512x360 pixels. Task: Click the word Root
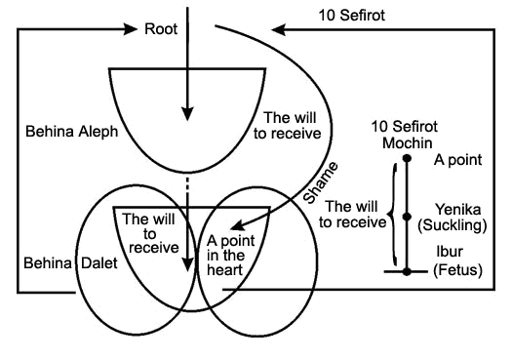tap(161, 29)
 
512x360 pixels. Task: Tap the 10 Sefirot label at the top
tap(352, 16)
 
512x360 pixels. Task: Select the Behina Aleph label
tap(72, 132)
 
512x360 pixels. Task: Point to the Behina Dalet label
tap(70, 263)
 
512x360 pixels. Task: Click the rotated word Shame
tap(320, 182)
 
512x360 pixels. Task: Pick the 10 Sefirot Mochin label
tap(405, 135)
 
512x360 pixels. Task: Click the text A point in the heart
tap(230, 256)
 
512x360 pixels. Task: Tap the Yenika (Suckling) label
tap(453, 218)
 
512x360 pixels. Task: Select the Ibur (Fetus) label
tap(457, 260)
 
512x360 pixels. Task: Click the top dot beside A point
tap(407, 158)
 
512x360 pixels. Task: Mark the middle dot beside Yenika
tap(407, 217)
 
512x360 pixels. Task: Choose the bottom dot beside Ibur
tap(407, 271)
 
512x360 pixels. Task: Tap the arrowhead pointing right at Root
tap(131, 29)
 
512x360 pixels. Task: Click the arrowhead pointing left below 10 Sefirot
tap(279, 29)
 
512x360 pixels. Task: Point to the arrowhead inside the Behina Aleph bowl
tap(187, 114)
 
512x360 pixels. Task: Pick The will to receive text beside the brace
tap(353, 215)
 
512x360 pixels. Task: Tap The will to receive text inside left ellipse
tap(151, 233)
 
